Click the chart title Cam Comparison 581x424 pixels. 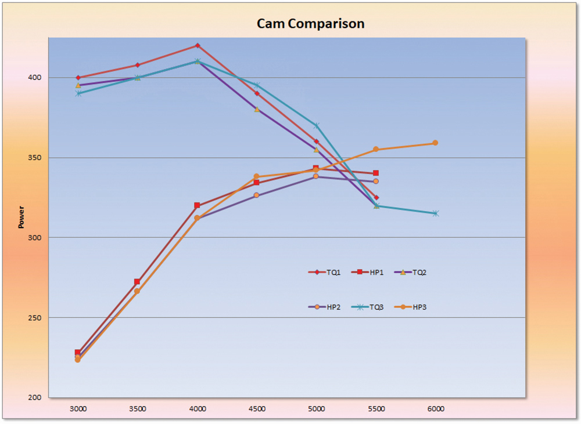[x=311, y=24]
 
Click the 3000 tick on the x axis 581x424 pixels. [x=78, y=408]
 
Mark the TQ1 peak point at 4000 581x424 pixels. [x=198, y=45]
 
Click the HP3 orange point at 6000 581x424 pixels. [x=435, y=143]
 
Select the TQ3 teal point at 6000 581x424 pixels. [x=435, y=213]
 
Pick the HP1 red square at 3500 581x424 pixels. [x=137, y=282]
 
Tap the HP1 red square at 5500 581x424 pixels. [x=376, y=173]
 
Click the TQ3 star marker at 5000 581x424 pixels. [x=317, y=125]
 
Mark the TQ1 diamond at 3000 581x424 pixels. [x=78, y=77]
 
